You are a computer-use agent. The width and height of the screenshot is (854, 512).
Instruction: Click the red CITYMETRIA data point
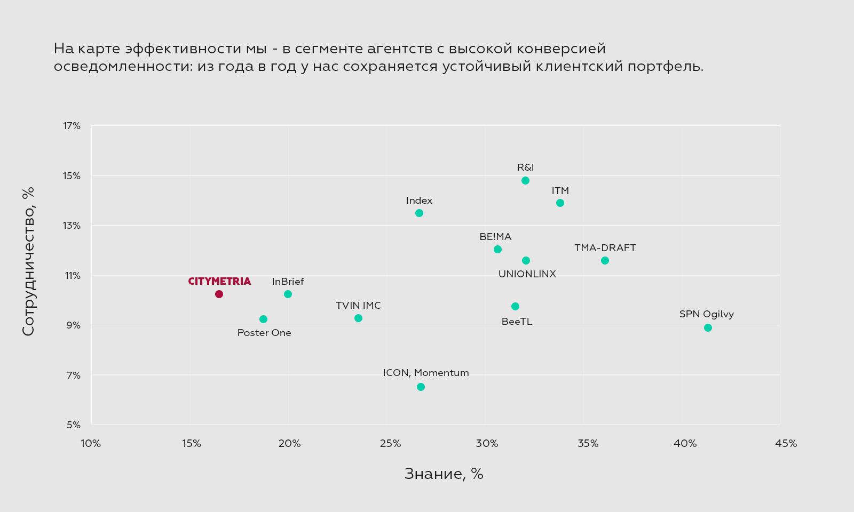click(x=219, y=294)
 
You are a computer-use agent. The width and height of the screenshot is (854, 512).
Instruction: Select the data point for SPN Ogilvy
click(x=708, y=327)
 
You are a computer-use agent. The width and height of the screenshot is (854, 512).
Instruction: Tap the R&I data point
click(x=525, y=180)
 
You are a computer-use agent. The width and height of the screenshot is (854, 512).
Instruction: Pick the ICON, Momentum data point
click(x=421, y=387)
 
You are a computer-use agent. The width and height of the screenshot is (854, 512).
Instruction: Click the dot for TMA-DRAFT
click(x=605, y=260)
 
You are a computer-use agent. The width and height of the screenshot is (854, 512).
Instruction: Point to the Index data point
click(x=419, y=213)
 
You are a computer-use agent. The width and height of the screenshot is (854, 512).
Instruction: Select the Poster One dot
click(x=263, y=319)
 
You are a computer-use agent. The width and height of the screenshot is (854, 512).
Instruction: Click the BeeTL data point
click(x=515, y=306)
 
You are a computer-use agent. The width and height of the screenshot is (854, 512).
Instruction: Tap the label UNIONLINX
click(x=527, y=274)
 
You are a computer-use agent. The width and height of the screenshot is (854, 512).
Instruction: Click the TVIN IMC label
click(x=358, y=306)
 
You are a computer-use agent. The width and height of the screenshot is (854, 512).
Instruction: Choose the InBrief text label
click(x=288, y=282)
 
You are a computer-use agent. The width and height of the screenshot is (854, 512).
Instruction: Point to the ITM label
click(x=560, y=191)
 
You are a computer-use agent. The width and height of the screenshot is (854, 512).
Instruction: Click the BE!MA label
click(x=495, y=237)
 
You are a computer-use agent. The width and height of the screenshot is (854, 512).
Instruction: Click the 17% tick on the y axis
click(x=72, y=126)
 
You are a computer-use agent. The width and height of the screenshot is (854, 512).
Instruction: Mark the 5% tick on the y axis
click(x=74, y=425)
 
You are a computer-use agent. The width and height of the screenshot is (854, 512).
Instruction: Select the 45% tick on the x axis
click(x=786, y=444)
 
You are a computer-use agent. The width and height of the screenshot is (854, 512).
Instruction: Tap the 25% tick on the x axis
click(x=390, y=444)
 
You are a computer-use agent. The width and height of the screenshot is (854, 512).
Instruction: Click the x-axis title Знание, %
click(x=444, y=474)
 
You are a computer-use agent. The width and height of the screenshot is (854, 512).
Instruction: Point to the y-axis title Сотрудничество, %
click(x=28, y=261)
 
